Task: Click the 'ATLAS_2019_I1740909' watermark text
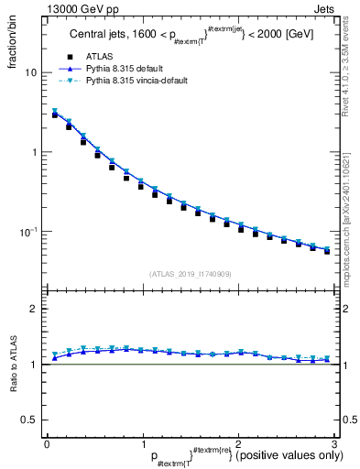click(x=190, y=274)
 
